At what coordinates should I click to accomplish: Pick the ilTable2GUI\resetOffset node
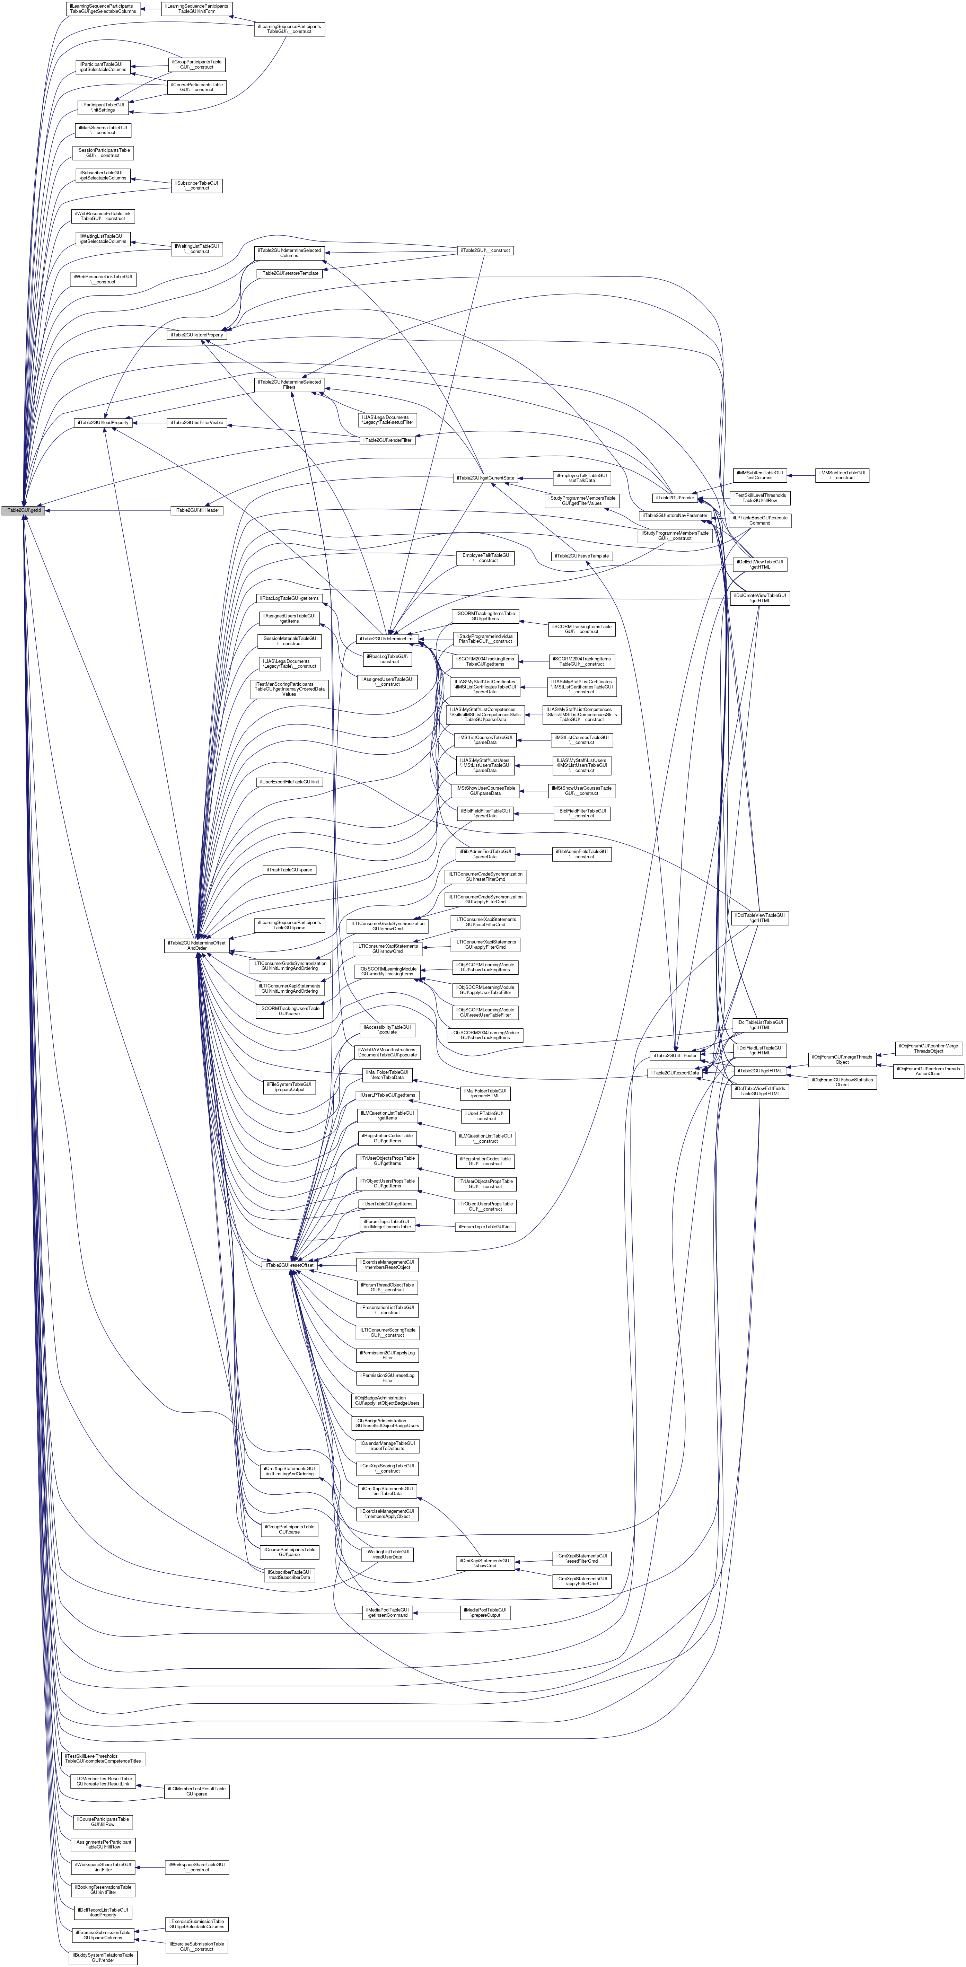point(289,1265)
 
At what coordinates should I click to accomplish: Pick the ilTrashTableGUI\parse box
point(289,870)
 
